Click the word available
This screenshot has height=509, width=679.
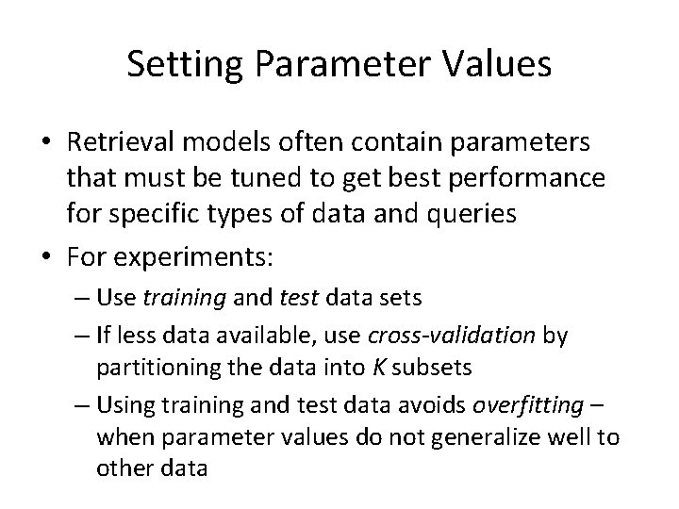click(257, 337)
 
